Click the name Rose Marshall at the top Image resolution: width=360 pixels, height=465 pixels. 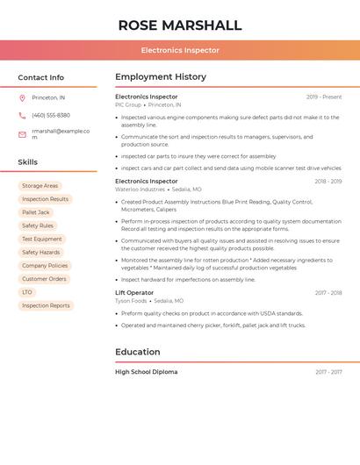180,25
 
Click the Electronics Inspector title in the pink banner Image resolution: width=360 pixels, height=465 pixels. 180,50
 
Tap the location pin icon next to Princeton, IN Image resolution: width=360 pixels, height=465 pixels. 22,97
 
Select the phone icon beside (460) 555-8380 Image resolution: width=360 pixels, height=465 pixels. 22,115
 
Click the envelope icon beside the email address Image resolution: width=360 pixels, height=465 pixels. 22,134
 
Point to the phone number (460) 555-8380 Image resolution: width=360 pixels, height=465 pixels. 50,115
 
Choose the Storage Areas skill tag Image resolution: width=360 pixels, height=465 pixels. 40,186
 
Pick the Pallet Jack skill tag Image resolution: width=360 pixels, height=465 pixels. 36,212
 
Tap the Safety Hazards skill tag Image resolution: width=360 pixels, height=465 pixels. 41,253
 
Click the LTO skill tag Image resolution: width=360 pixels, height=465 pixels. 27,292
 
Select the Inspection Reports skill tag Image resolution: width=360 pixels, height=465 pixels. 46,305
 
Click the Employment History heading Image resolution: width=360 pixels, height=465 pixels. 160,77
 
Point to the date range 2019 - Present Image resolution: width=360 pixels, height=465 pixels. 324,97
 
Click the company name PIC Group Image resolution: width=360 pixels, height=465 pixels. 128,105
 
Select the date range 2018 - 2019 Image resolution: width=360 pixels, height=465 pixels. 328,182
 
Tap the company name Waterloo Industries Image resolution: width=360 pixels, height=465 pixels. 140,190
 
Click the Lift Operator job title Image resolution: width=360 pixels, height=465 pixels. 134,293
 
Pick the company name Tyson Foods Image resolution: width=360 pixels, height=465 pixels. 132,301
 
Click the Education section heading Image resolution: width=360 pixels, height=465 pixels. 138,352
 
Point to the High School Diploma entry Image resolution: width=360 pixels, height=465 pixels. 146,372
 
